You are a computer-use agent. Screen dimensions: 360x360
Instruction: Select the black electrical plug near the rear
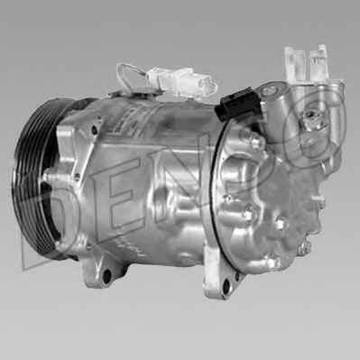(239, 105)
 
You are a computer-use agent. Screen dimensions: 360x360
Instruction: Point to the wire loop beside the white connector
(129, 75)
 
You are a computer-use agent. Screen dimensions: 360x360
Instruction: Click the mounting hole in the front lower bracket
(106, 275)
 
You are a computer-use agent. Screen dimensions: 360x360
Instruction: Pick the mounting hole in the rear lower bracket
(226, 286)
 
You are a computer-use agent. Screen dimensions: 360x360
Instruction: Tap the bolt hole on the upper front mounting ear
(95, 130)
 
